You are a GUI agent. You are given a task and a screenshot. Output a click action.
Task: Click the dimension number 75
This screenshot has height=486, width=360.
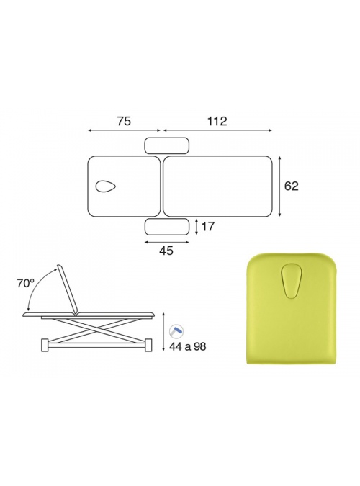click(124, 121)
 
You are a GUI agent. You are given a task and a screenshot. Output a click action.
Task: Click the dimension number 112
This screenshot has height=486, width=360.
click(217, 121)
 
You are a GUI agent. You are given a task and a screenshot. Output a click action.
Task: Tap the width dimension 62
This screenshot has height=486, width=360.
click(291, 186)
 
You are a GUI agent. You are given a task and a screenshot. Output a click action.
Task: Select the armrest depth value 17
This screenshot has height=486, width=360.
click(208, 227)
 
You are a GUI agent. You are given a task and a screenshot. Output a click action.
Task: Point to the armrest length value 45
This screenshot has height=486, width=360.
click(166, 251)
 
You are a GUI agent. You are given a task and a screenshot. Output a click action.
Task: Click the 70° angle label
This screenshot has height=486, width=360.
click(25, 283)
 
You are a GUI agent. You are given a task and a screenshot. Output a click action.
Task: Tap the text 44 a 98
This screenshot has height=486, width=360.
click(187, 346)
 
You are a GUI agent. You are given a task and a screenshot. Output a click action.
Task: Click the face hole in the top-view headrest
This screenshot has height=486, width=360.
click(106, 186)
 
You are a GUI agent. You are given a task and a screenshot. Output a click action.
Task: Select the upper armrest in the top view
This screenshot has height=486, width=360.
click(167, 145)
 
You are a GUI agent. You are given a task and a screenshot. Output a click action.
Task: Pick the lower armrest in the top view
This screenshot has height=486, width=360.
click(167, 227)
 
